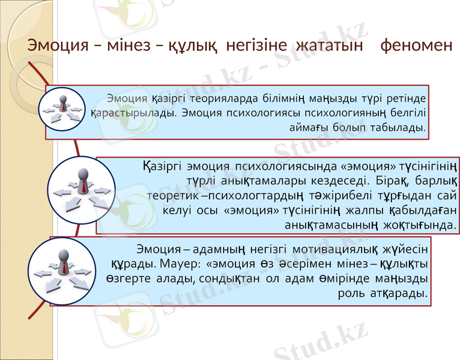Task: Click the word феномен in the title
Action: [417, 46]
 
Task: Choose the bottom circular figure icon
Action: [62, 271]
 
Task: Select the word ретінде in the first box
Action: [408, 98]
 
